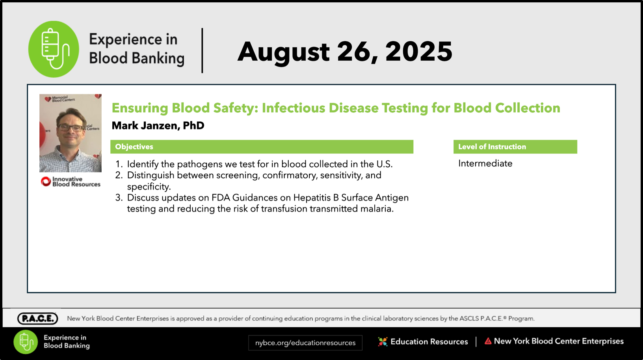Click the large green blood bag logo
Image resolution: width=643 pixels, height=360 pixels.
point(54,49)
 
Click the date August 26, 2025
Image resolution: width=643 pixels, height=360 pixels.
point(345,52)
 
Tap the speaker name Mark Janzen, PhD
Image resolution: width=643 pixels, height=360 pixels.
point(158,126)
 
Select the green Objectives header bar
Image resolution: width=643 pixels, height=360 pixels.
point(262,147)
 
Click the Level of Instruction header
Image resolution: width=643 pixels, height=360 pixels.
point(515,147)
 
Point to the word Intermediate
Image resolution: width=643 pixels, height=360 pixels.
point(485,163)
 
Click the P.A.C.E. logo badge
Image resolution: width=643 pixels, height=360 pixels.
point(37,318)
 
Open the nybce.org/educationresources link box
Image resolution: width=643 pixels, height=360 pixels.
point(305,343)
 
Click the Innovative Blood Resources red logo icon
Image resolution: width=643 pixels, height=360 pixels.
point(46,181)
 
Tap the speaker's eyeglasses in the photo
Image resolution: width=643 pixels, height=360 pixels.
point(70,128)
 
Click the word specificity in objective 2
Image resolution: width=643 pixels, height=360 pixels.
point(149,187)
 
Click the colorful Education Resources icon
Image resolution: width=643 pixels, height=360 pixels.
point(383,341)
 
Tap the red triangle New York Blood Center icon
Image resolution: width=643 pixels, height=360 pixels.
point(488,341)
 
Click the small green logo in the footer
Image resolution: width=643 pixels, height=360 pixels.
point(26,342)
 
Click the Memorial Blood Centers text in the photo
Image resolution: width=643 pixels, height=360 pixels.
point(63,99)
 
